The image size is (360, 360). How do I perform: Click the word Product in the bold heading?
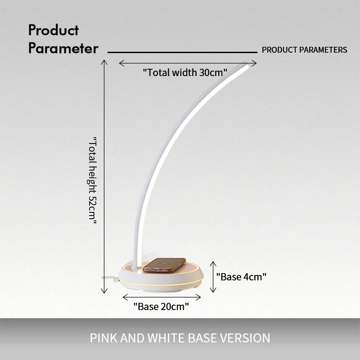[54, 30]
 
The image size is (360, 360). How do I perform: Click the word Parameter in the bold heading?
[63, 48]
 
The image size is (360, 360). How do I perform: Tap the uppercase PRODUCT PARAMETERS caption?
[305, 50]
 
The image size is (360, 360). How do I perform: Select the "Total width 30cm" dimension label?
[185, 72]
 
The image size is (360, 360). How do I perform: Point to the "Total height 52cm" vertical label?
[93, 180]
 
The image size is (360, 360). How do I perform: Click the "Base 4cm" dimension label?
[241, 277]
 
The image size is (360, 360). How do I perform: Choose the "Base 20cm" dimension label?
[161, 306]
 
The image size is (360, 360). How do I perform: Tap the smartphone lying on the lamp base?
[164, 265]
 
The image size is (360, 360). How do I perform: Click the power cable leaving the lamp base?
[110, 279]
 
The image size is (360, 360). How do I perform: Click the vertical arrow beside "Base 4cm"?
[213, 277]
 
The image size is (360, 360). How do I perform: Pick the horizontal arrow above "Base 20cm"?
[162, 297]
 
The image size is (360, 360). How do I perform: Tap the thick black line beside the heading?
[182, 52]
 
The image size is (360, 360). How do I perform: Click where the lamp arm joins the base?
[136, 267]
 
